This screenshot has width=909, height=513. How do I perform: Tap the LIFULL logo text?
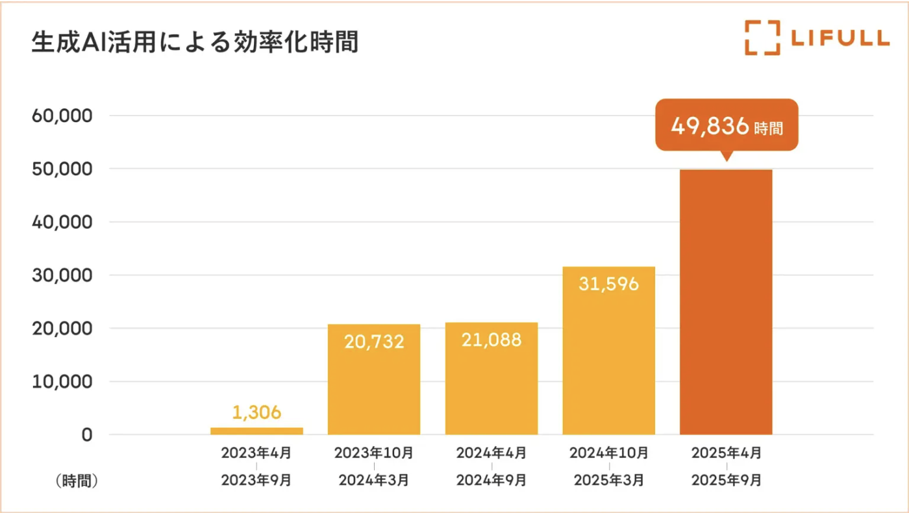click(x=840, y=38)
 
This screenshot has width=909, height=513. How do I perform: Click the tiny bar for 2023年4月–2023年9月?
click(x=256, y=431)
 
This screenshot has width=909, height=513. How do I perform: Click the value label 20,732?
click(x=374, y=342)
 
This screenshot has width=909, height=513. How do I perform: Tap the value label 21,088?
click(x=491, y=340)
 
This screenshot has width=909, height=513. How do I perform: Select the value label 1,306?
click(x=256, y=412)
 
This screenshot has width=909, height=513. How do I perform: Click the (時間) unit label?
click(x=76, y=481)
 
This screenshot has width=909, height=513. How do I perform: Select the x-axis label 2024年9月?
click(x=491, y=481)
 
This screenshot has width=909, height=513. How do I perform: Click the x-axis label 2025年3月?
click(x=608, y=481)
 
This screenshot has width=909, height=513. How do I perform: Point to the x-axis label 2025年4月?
click(x=726, y=452)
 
